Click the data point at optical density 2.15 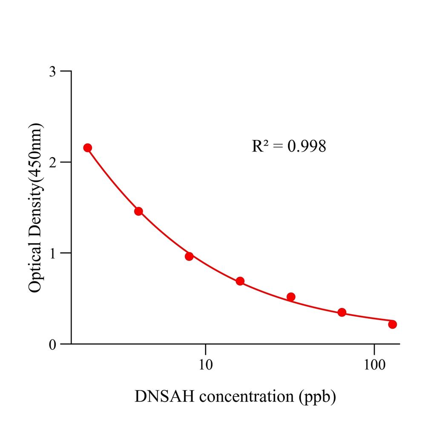coord(88,148)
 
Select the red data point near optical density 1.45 coord(138,211)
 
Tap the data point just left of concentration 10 coord(189,256)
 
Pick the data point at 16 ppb coord(240,281)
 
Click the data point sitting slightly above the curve coord(291,297)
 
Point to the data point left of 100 coord(342,313)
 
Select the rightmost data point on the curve coord(393,324)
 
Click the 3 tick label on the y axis coord(52,71)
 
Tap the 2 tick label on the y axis coord(52,162)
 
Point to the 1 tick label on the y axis coord(52,253)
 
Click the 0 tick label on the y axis coord(52,344)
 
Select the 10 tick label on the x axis coord(206,364)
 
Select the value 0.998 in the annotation coord(307,146)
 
